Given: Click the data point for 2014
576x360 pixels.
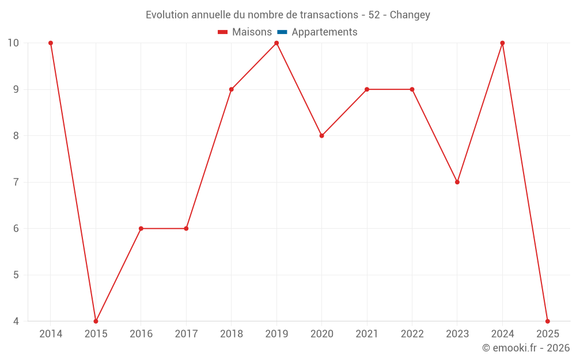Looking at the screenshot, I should [51, 43].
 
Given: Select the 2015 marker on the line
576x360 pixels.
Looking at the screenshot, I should [96, 321].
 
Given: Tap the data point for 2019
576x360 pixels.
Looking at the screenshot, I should [276, 43].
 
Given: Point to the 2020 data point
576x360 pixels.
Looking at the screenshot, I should [321, 136].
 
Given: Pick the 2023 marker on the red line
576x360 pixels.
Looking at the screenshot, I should [457, 182].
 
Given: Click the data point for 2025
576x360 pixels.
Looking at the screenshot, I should [547, 321].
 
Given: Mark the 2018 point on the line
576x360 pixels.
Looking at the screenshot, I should [231, 89].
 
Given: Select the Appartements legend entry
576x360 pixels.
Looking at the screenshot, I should [324, 32].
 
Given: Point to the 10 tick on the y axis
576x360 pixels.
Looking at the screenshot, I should [13, 43].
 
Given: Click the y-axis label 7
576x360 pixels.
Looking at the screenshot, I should [16, 182].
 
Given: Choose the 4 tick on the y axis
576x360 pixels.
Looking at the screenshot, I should [16, 321].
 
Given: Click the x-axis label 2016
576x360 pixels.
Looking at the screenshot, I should [141, 334].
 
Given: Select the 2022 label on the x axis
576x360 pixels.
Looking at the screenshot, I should [412, 334].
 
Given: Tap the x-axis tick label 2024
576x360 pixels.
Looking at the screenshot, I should [502, 334].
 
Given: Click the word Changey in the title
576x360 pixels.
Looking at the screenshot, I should [410, 15].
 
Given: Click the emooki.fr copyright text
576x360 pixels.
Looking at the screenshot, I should [526, 348].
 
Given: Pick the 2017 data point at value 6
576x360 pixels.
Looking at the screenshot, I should [186, 229].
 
